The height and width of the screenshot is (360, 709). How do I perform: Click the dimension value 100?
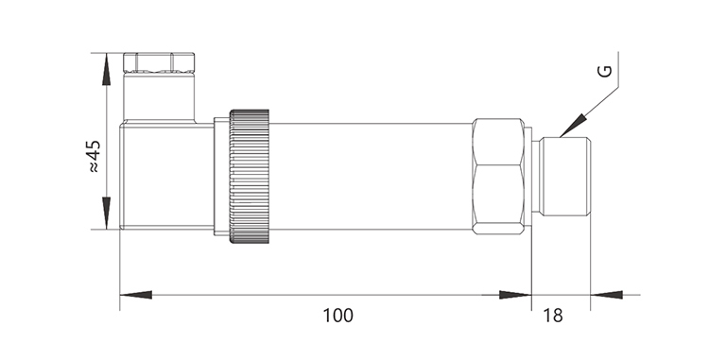(337, 316)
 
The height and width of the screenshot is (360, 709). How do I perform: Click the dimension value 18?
(553, 316)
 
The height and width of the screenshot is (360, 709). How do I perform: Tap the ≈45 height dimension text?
(94, 157)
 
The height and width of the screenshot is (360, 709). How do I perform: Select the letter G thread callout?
(605, 71)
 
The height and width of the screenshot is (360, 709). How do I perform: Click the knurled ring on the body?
(250, 176)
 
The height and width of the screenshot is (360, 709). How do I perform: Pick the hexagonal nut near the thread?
(498, 176)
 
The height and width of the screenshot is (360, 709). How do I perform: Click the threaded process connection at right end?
(566, 176)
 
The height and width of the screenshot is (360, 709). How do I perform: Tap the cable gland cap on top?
(159, 62)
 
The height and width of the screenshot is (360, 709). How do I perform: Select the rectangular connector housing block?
(166, 176)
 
